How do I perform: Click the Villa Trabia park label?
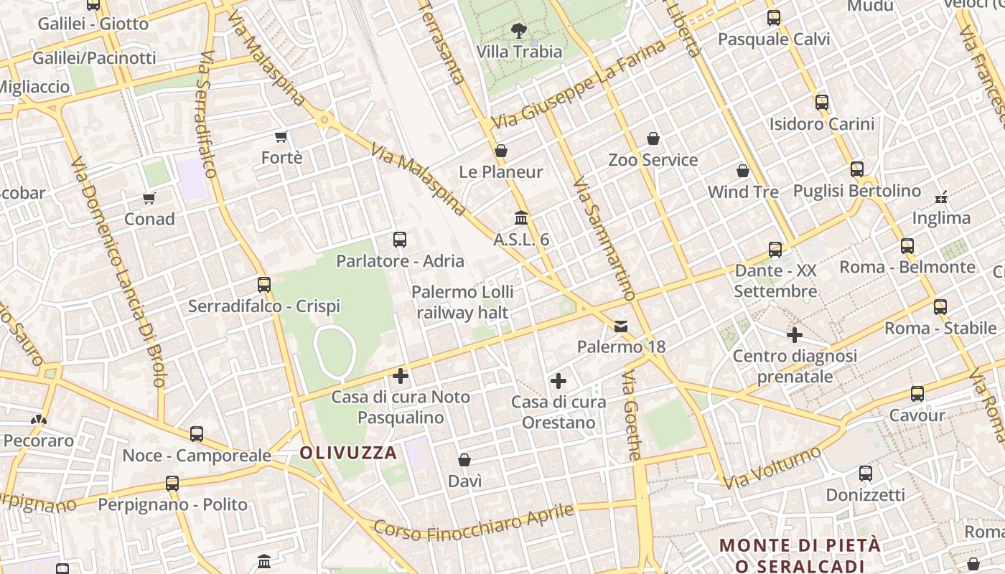[520, 52]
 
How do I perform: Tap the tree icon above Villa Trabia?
[518, 31]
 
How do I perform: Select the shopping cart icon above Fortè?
[281, 136]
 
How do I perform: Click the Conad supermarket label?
[149, 219]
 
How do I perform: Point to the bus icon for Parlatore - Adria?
[400, 240]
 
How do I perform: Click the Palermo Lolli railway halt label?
[462, 302]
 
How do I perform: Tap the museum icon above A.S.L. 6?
[521, 217]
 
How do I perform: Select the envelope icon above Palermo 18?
[621, 326]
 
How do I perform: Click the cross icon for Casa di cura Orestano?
[558, 381]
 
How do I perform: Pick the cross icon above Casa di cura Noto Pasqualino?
[401, 375]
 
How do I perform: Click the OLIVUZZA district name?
[348, 453]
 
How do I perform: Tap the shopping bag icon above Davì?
[464, 460]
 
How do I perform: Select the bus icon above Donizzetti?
[866, 474]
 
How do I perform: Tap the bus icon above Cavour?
[917, 394]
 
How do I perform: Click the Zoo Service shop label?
[653, 160]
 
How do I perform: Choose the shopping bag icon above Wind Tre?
[743, 171]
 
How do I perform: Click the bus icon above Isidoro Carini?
[822, 103]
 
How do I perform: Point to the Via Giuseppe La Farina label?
[580, 85]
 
